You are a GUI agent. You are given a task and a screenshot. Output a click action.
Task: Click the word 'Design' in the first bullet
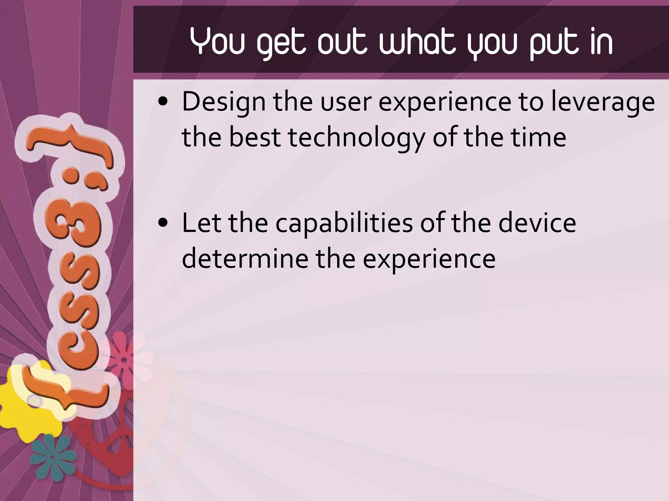click(x=223, y=102)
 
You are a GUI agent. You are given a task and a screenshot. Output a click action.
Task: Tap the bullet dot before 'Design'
click(x=162, y=102)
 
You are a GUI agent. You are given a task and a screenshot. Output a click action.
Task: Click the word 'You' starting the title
click(x=217, y=42)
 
